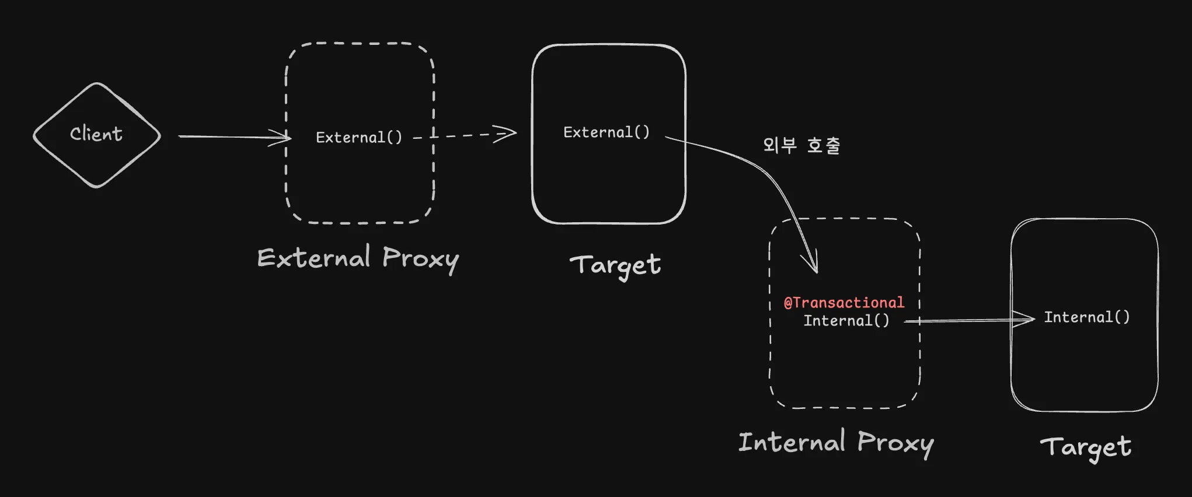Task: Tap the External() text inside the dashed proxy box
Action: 358,138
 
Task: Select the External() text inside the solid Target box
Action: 606,132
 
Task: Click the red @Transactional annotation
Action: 844,303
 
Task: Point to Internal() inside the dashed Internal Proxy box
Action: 846,321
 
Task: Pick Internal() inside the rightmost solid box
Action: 1086,317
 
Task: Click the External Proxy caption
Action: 358,258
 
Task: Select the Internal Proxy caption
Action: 835,443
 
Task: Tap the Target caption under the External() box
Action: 615,265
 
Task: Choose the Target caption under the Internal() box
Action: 1085,447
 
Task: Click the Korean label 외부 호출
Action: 801,145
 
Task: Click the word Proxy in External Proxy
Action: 420,259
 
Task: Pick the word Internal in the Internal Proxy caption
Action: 792,442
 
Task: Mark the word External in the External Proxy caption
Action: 313,258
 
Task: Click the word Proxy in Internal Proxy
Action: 895,443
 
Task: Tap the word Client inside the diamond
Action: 96,134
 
